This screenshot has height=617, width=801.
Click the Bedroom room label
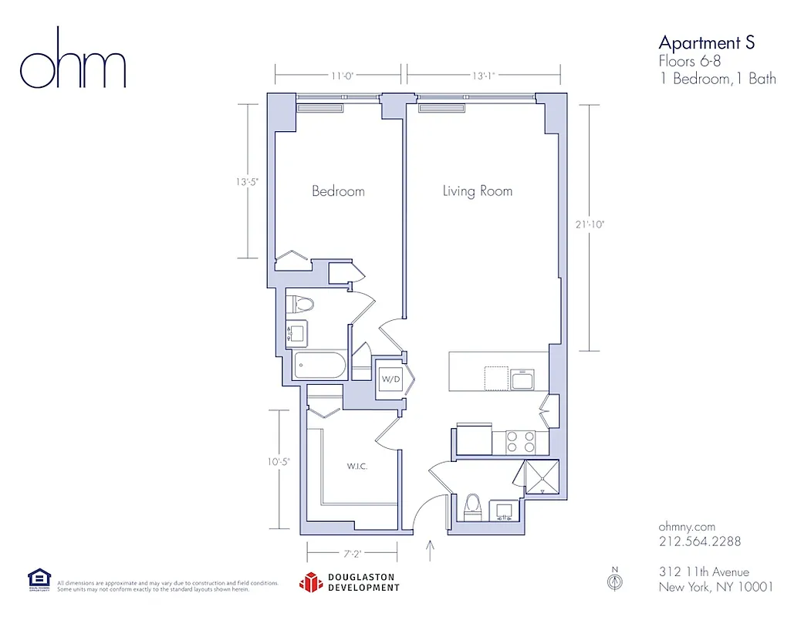pos(338,190)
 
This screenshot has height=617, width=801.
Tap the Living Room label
pos(477,190)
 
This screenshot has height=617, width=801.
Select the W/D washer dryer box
pos(389,379)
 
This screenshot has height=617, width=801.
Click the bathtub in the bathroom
pos(319,366)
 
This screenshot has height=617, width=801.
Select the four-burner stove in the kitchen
pos(521,442)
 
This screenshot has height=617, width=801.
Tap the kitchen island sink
pos(522,379)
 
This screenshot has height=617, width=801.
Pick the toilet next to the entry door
pos(472,506)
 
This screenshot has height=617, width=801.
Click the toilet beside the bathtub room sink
pos(300,304)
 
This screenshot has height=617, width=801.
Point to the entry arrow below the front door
pos(430,551)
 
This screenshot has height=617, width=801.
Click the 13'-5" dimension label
pos(248,183)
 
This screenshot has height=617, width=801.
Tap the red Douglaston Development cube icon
pos(310,582)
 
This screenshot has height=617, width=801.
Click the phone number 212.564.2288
pos(699,541)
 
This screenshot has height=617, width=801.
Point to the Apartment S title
pos(705,42)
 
